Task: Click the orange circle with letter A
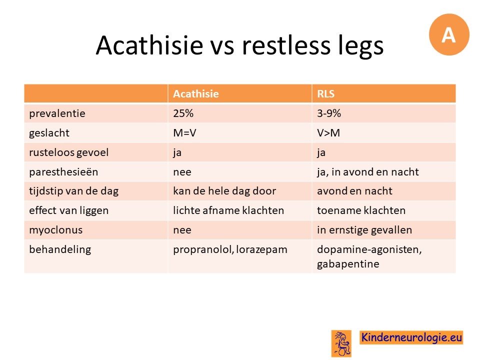449,34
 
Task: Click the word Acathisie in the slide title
149,45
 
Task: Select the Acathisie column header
196,93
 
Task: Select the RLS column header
325,93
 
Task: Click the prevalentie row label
57,113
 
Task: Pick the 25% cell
183,113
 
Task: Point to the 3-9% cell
329,113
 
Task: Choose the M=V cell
184,133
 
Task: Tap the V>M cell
328,133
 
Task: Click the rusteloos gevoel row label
69,152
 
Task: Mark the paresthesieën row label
63,172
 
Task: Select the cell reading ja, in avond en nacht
367,172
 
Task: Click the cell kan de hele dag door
224,191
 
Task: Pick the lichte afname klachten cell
228,210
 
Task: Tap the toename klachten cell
361,210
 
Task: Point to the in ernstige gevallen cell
364,230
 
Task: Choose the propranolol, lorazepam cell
230,250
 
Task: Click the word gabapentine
348,264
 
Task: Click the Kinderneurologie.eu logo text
411,337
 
